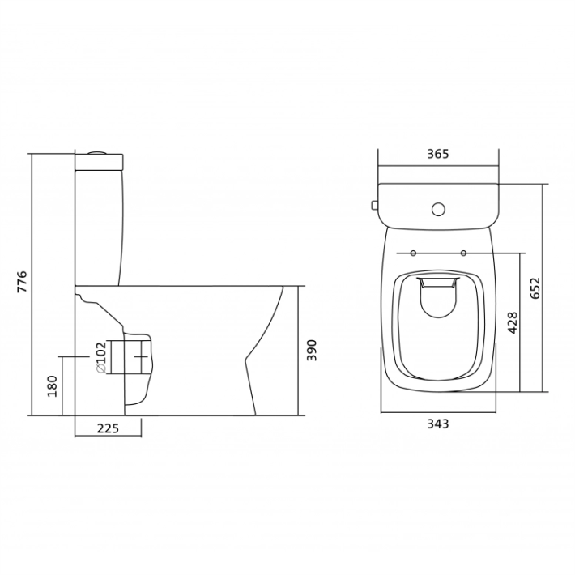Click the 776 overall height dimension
point(23,281)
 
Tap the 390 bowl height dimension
point(311,350)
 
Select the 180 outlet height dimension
point(53,386)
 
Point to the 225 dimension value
point(109,428)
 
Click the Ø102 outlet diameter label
point(101,357)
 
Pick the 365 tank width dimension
point(438,154)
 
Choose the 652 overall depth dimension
point(535,288)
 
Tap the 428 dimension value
point(513,322)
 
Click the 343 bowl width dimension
point(438,424)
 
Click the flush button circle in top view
point(438,210)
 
